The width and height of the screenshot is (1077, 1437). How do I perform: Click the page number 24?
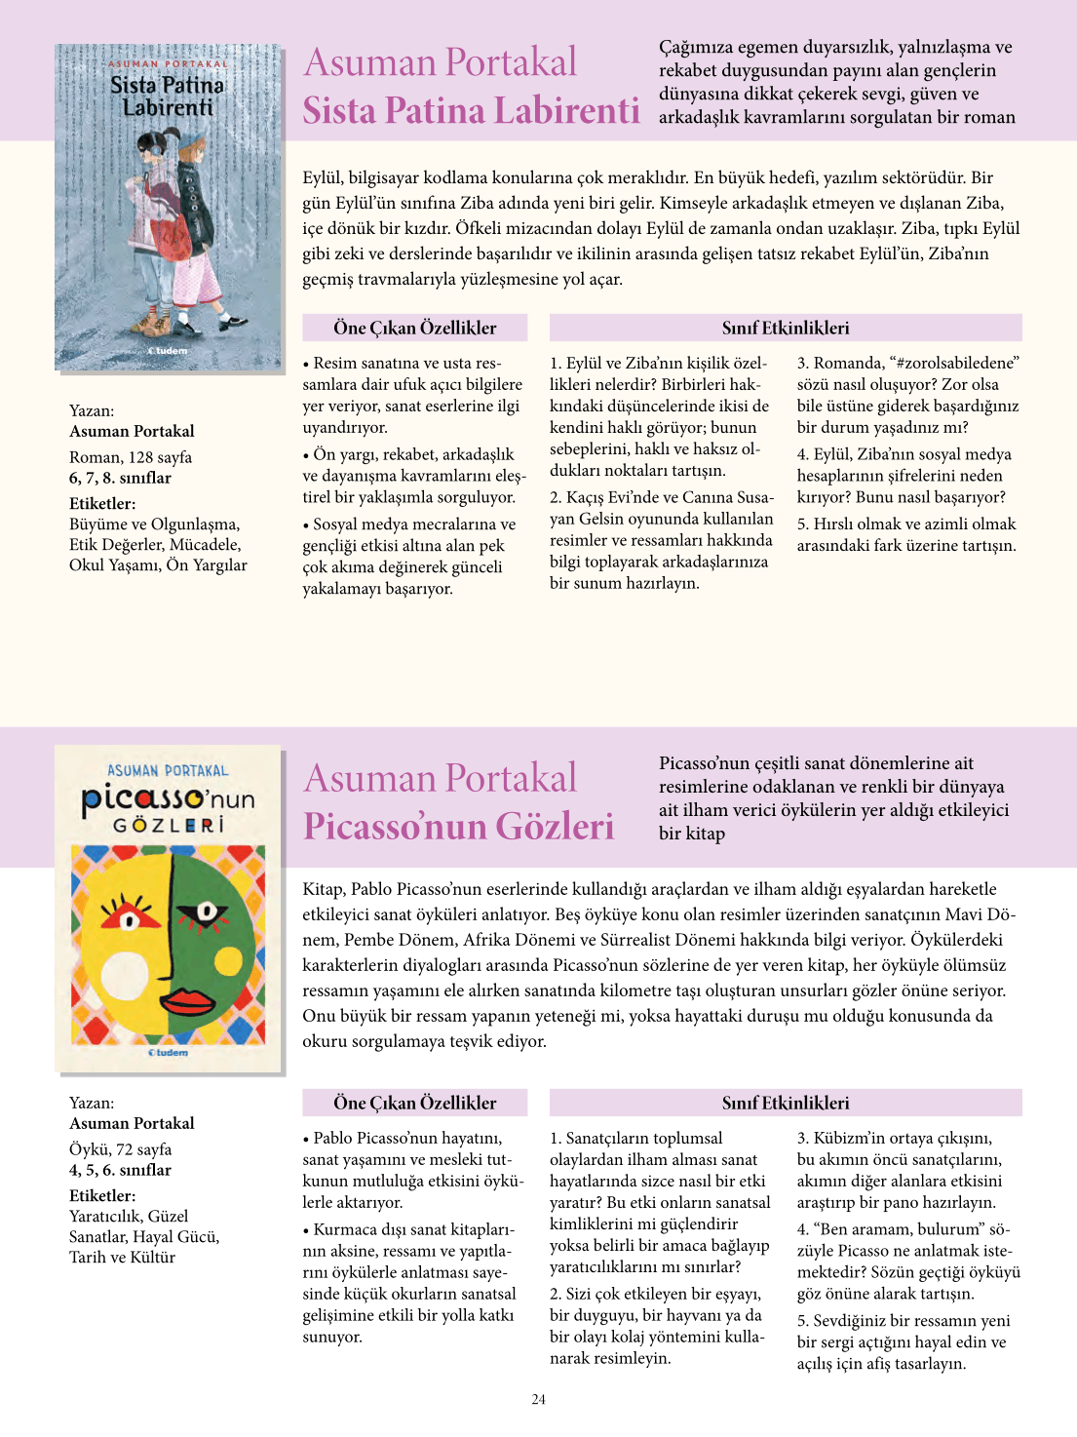538,1399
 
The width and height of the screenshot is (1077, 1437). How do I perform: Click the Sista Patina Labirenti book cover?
168,207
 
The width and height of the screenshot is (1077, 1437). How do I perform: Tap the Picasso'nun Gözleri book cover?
169,909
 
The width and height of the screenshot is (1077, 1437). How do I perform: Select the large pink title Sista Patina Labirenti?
471,110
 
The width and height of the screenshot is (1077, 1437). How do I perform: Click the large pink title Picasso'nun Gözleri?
458,826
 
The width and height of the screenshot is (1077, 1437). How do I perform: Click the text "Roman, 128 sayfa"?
131,456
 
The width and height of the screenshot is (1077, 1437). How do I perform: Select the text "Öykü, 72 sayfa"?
120,1148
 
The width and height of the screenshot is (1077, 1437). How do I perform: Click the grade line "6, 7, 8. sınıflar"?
120,478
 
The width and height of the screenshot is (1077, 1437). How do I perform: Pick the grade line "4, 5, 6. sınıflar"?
120,1170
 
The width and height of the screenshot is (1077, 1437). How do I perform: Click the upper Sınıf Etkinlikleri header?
785,328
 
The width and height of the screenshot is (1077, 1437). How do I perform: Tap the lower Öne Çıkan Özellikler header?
414,1103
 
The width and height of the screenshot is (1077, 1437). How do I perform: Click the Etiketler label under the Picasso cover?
102,1195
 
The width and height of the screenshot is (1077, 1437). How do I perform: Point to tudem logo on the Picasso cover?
168,1053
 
